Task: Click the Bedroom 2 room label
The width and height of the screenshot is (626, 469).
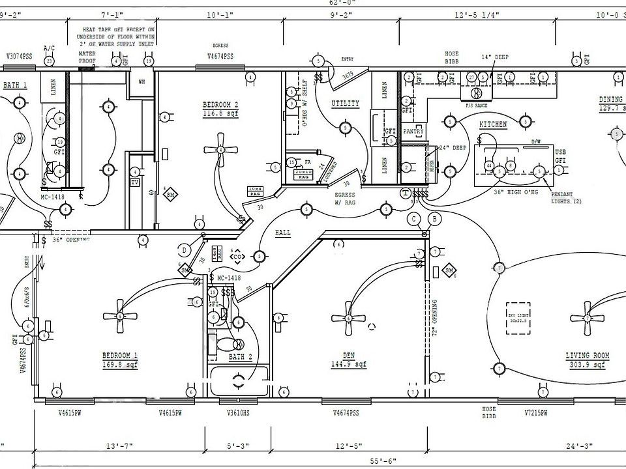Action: point(220,108)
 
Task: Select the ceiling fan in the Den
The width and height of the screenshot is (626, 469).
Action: point(348,319)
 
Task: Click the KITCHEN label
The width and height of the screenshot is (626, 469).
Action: point(493,124)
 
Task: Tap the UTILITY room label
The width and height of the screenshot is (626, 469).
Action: point(345,104)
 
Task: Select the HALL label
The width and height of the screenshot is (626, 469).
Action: point(283,233)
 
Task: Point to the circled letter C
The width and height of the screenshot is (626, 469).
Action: point(413,219)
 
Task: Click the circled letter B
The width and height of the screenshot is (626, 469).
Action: point(435,218)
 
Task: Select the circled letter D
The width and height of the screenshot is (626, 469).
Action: point(184,249)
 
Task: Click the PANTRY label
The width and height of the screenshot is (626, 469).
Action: point(413,132)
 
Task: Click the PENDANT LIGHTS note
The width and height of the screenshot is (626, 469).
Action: point(566,198)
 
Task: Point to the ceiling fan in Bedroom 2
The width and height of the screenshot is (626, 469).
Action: point(220,149)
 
